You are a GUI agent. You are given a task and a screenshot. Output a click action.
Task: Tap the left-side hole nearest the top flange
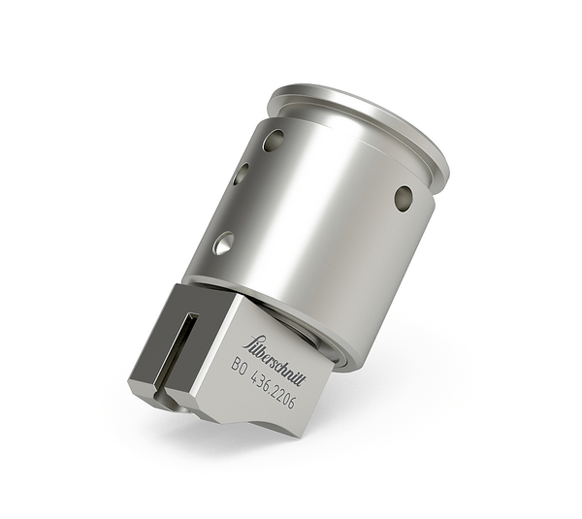click(x=275, y=141)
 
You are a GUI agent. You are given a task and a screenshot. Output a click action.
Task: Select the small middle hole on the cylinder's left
click(x=241, y=174)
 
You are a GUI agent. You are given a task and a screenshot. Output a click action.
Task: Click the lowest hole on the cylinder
click(x=223, y=243)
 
